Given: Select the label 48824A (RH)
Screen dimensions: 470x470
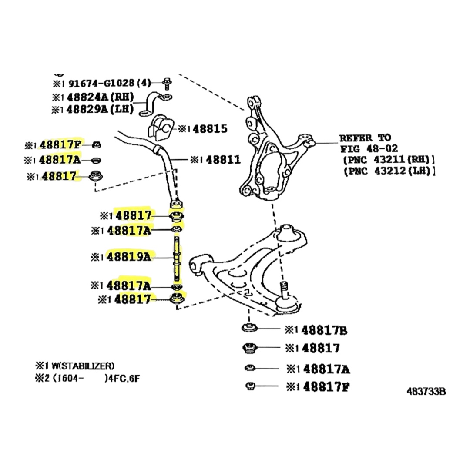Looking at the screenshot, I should [x=100, y=97].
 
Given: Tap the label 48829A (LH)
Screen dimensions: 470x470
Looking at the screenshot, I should [x=100, y=110].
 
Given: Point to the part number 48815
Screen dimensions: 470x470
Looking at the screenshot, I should [x=210, y=129].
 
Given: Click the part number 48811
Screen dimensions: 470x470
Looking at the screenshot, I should [x=223, y=160].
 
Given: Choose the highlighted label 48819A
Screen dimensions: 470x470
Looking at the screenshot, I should [x=129, y=257].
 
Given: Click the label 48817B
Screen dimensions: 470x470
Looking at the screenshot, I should [x=324, y=331].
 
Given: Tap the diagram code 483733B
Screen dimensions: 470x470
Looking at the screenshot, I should [x=426, y=391].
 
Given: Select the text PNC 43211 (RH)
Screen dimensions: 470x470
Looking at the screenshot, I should [x=389, y=160].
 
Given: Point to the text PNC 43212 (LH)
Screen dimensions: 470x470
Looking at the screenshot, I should [x=389, y=171].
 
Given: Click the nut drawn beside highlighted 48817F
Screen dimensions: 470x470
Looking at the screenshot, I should [x=97, y=145].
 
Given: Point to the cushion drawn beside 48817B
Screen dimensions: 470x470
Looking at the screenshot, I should [x=249, y=329].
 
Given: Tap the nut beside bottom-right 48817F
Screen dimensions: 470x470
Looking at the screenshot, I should [x=250, y=386].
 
